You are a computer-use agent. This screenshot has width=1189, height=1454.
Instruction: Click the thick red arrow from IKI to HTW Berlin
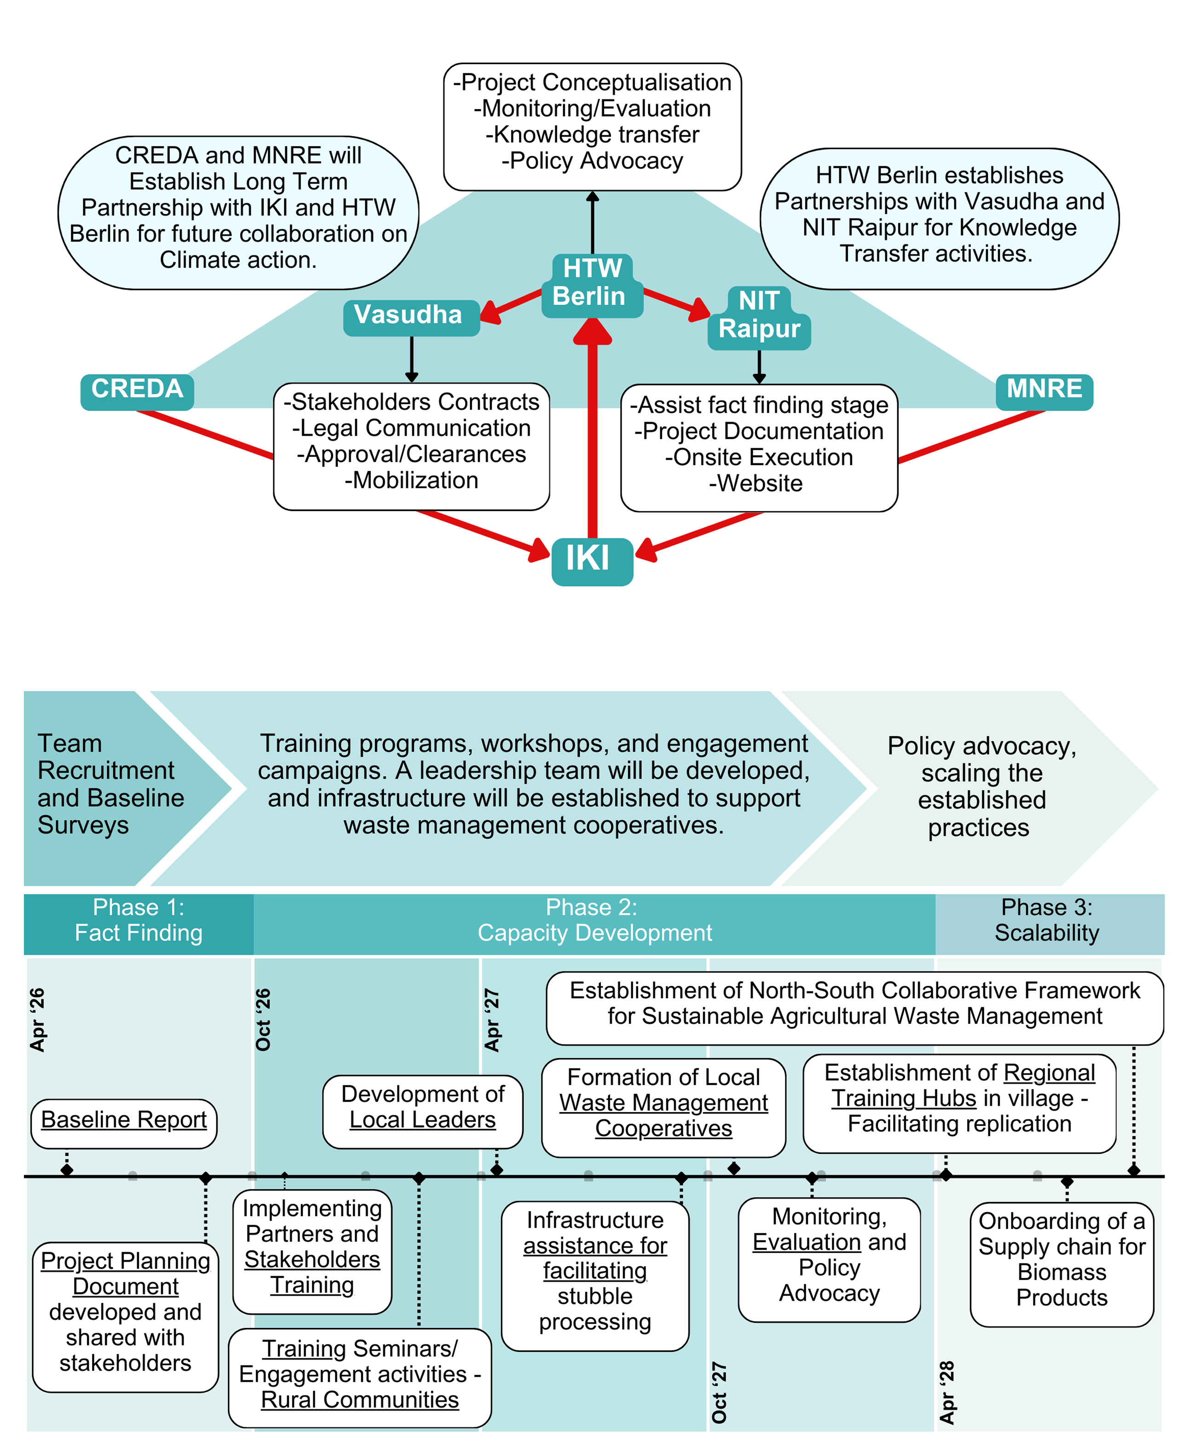point(593,439)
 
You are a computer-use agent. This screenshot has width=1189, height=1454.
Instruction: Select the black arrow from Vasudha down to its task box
point(412,358)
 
